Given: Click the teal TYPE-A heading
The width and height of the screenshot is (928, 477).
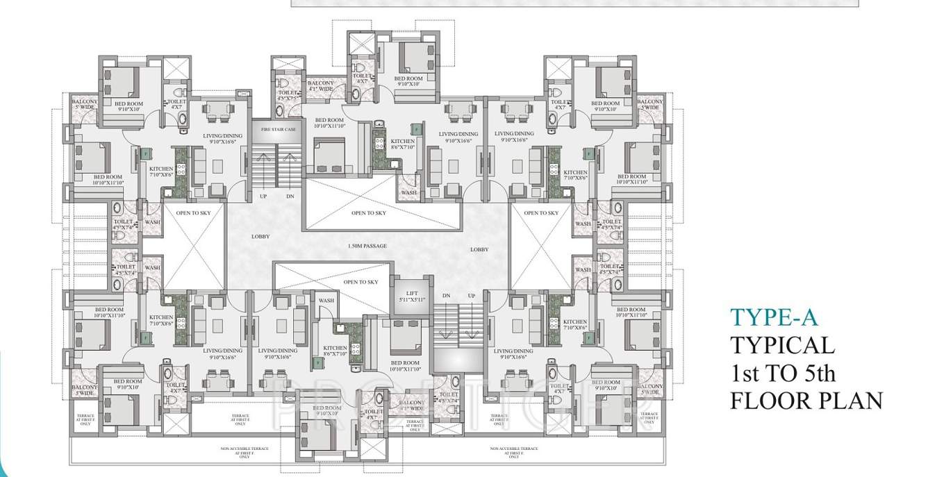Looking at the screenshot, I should [x=774, y=317].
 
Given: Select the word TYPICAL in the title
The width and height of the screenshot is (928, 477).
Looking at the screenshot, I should [x=782, y=345].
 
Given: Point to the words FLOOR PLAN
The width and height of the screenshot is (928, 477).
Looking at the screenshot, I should [x=806, y=401].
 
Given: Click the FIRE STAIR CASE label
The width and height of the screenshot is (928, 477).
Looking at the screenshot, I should [x=278, y=130].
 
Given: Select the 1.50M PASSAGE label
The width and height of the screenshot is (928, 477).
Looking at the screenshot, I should [x=367, y=246].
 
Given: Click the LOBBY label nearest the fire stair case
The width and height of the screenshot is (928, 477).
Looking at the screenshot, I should [x=260, y=237].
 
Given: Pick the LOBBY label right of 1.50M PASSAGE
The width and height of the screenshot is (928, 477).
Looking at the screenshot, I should [x=479, y=249].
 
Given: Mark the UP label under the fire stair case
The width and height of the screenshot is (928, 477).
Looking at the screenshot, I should [x=263, y=196].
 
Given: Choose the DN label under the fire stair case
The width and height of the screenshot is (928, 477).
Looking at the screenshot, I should [x=290, y=196].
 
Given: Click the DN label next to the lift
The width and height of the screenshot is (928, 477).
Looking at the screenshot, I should [x=446, y=296].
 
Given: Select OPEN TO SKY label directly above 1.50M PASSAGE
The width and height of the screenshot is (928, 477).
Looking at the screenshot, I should [x=368, y=213].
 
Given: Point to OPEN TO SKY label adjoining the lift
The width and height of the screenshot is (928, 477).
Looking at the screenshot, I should [x=361, y=282].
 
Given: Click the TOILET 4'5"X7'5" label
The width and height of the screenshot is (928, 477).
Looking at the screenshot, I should [x=288, y=95].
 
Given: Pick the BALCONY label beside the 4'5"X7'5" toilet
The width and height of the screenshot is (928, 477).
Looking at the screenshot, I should [x=321, y=85].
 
